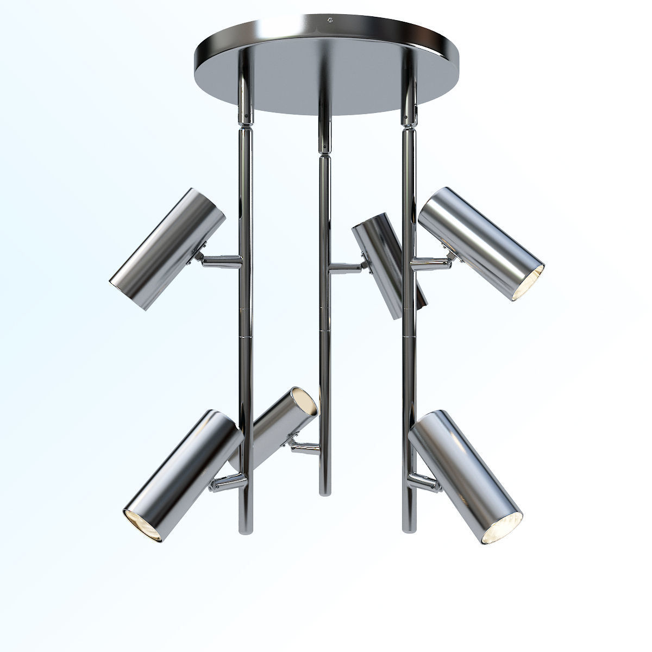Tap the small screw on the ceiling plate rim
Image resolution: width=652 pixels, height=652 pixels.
329,21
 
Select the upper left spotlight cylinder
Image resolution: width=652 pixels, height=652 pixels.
167,249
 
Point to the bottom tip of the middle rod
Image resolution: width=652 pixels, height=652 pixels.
324,491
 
